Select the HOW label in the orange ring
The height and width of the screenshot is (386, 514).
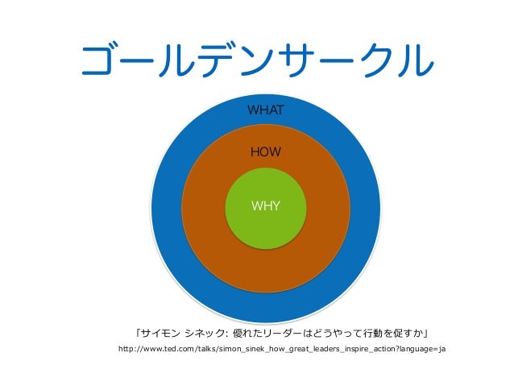click(x=265, y=151)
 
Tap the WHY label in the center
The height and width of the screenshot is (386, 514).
click(x=265, y=205)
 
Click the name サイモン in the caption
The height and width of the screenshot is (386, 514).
click(x=162, y=332)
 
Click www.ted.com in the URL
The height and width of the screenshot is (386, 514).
click(x=168, y=349)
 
